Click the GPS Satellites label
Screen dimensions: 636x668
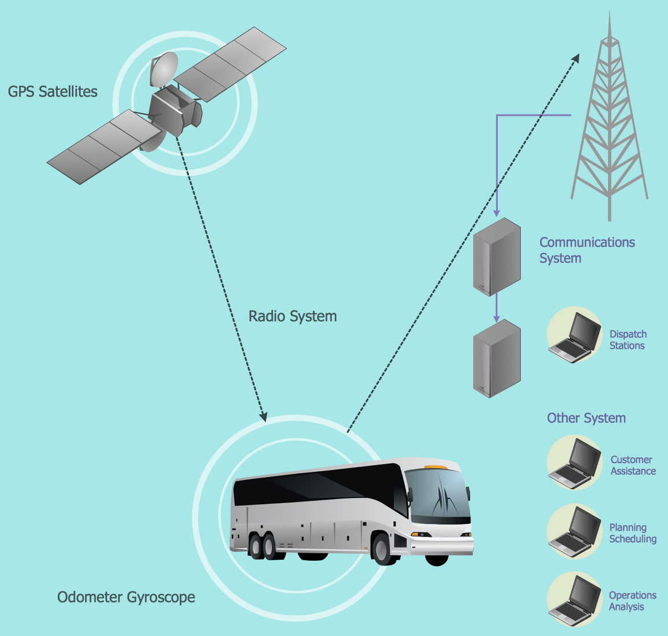[x=53, y=91]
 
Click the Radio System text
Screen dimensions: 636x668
[x=292, y=316]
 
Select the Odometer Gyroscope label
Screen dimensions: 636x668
[x=126, y=597]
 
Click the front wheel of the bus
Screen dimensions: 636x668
[x=382, y=549]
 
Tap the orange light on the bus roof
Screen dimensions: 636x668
[x=436, y=467]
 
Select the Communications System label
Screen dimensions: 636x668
[x=586, y=250]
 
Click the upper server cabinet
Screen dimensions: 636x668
[x=497, y=256]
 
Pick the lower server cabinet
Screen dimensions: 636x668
[x=497, y=358]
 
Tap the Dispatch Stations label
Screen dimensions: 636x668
[x=628, y=340]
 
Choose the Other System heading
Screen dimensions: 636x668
[x=586, y=418]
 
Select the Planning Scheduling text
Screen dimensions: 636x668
[x=633, y=533]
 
